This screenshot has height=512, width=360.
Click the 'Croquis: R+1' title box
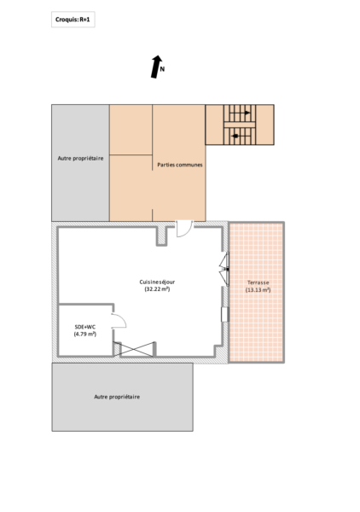tap(73, 20)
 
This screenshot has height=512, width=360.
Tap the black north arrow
tap(156, 67)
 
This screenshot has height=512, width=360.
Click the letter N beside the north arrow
tap(162, 69)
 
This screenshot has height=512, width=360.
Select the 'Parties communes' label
tap(180, 165)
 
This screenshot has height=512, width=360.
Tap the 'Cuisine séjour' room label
tap(157, 282)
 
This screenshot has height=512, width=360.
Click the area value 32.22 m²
tap(157, 289)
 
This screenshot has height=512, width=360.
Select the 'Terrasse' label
tap(258, 282)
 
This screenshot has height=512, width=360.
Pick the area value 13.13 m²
tap(258, 289)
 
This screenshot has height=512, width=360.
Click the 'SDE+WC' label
tap(85, 327)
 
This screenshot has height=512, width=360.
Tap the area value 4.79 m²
tap(85, 334)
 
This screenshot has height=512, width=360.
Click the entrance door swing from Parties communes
tap(185, 229)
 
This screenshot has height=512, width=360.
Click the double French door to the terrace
tap(224, 270)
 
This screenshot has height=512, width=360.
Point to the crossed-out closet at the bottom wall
tap(134, 349)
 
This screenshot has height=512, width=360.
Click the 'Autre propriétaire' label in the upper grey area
tap(81, 159)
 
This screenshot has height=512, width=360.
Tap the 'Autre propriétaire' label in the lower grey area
tap(117, 397)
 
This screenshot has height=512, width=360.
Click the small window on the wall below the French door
tap(225, 314)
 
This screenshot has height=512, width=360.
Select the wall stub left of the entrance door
tap(161, 236)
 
